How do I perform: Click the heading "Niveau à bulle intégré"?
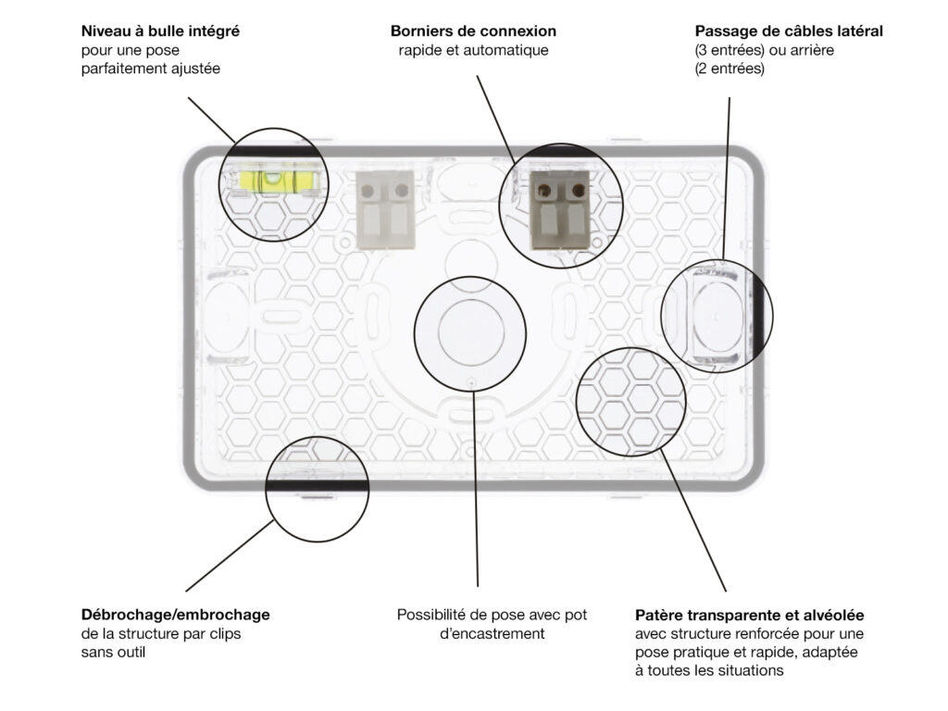point(160,31)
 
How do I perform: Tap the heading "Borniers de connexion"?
point(473,31)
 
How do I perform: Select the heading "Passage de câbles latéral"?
point(789,31)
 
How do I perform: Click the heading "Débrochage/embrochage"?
point(175,615)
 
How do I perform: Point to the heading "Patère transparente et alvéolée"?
point(750,616)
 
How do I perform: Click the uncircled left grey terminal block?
point(385,210)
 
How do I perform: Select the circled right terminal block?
point(560,210)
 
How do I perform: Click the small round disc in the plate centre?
point(471,332)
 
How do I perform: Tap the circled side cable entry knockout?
point(717,316)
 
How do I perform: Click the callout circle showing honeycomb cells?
point(630,402)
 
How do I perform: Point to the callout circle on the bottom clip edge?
point(317,489)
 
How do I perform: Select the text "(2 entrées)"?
point(730,69)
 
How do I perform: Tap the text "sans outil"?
point(113,653)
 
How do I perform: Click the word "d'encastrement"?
point(493,633)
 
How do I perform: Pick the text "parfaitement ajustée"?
point(151,69)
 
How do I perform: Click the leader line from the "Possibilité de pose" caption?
point(475,489)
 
